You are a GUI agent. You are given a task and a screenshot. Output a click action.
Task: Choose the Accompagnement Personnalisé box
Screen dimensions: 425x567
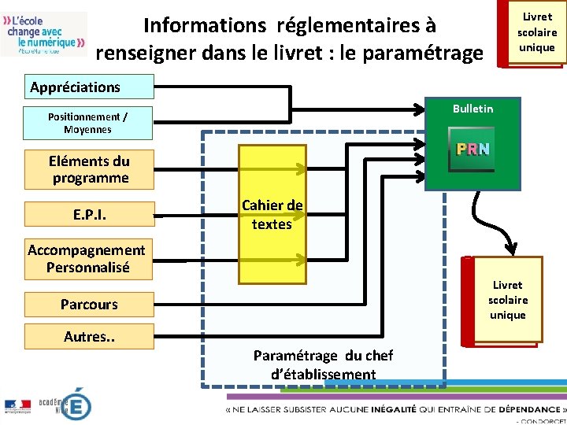(87, 259)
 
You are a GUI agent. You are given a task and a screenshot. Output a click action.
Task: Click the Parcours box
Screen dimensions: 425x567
(89, 304)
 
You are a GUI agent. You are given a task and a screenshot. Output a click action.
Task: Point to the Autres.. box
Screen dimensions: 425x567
(89, 337)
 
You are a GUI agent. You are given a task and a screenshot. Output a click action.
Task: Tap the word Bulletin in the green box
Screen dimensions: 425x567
(472, 109)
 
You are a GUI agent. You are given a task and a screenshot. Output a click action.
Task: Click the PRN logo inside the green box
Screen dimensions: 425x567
(472, 150)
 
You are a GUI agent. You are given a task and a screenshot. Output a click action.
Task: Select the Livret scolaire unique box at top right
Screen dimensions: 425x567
(536, 32)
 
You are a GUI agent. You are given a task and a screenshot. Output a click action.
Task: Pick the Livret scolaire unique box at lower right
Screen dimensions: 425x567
(508, 300)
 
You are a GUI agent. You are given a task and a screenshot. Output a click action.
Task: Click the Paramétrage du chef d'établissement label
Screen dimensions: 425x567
(323, 364)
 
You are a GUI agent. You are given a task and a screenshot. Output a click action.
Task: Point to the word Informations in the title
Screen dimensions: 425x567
(205, 25)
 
